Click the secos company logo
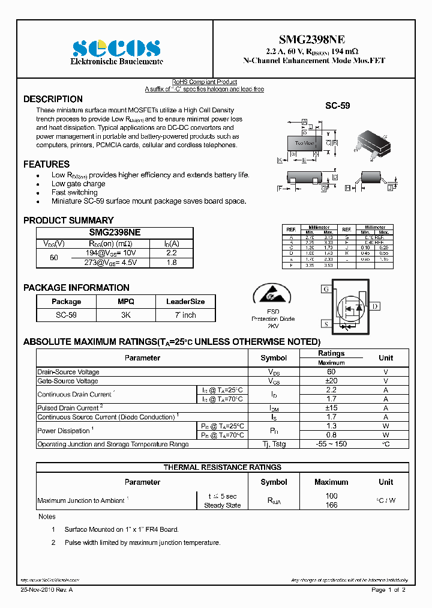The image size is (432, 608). (116, 48)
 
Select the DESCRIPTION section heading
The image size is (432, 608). (53, 99)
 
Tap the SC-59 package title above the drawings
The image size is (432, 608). (337, 106)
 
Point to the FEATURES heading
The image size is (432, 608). (46, 164)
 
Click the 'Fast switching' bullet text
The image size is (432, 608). (74, 192)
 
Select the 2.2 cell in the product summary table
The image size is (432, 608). (172, 253)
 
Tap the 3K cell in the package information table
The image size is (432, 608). (126, 315)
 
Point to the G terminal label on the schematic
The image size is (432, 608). (326, 289)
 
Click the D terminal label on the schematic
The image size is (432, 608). (375, 306)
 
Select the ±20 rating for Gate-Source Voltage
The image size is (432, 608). (331, 381)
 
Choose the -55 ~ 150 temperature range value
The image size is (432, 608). (331, 444)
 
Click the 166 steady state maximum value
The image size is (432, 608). (331, 505)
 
